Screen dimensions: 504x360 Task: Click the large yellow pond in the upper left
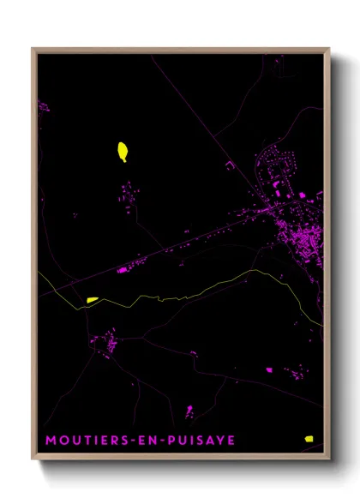click(123, 152)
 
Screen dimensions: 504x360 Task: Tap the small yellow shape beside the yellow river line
click(93, 299)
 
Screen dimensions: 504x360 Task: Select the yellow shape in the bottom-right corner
click(309, 438)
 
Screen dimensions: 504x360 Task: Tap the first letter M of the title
click(50, 441)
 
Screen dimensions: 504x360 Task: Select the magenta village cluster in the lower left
click(108, 343)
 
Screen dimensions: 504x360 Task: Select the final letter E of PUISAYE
click(231, 441)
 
